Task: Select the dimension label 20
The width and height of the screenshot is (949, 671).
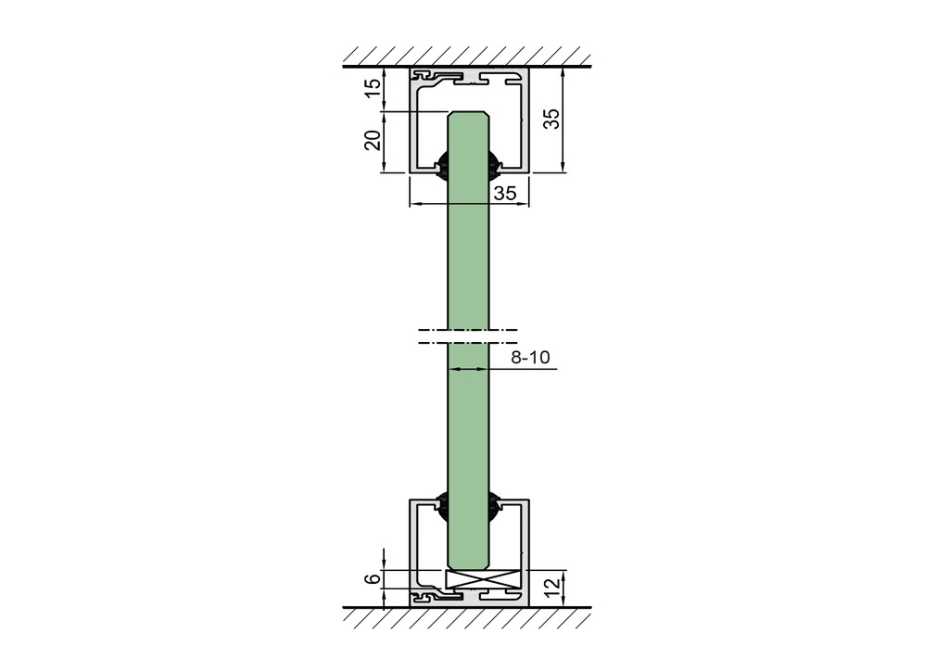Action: pyautogui.click(x=373, y=141)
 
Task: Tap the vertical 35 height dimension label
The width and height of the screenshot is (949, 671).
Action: pyautogui.click(x=551, y=119)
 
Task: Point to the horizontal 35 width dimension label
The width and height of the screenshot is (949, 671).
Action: pyautogui.click(x=505, y=193)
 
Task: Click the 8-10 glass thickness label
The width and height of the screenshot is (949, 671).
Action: pyautogui.click(x=530, y=358)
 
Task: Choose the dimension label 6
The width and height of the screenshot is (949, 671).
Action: pyautogui.click(x=374, y=577)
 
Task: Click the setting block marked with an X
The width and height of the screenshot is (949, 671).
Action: pyautogui.click(x=483, y=578)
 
